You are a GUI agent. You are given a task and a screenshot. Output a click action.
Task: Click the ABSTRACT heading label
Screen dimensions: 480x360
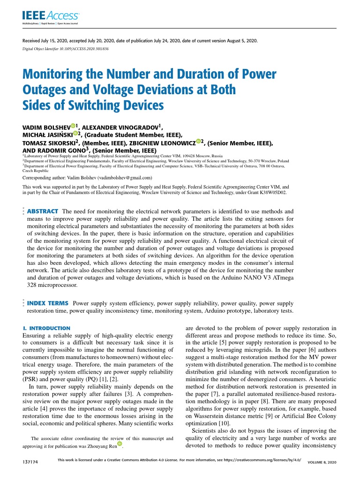point(43,211)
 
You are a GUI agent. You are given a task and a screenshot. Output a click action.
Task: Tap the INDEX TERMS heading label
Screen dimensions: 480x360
point(48,303)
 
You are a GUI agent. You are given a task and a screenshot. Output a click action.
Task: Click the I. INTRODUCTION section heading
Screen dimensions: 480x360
point(46,328)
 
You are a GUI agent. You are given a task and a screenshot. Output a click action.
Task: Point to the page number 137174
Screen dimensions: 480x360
point(30,462)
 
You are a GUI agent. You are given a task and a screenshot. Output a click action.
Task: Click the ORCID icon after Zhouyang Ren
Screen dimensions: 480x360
point(120,444)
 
